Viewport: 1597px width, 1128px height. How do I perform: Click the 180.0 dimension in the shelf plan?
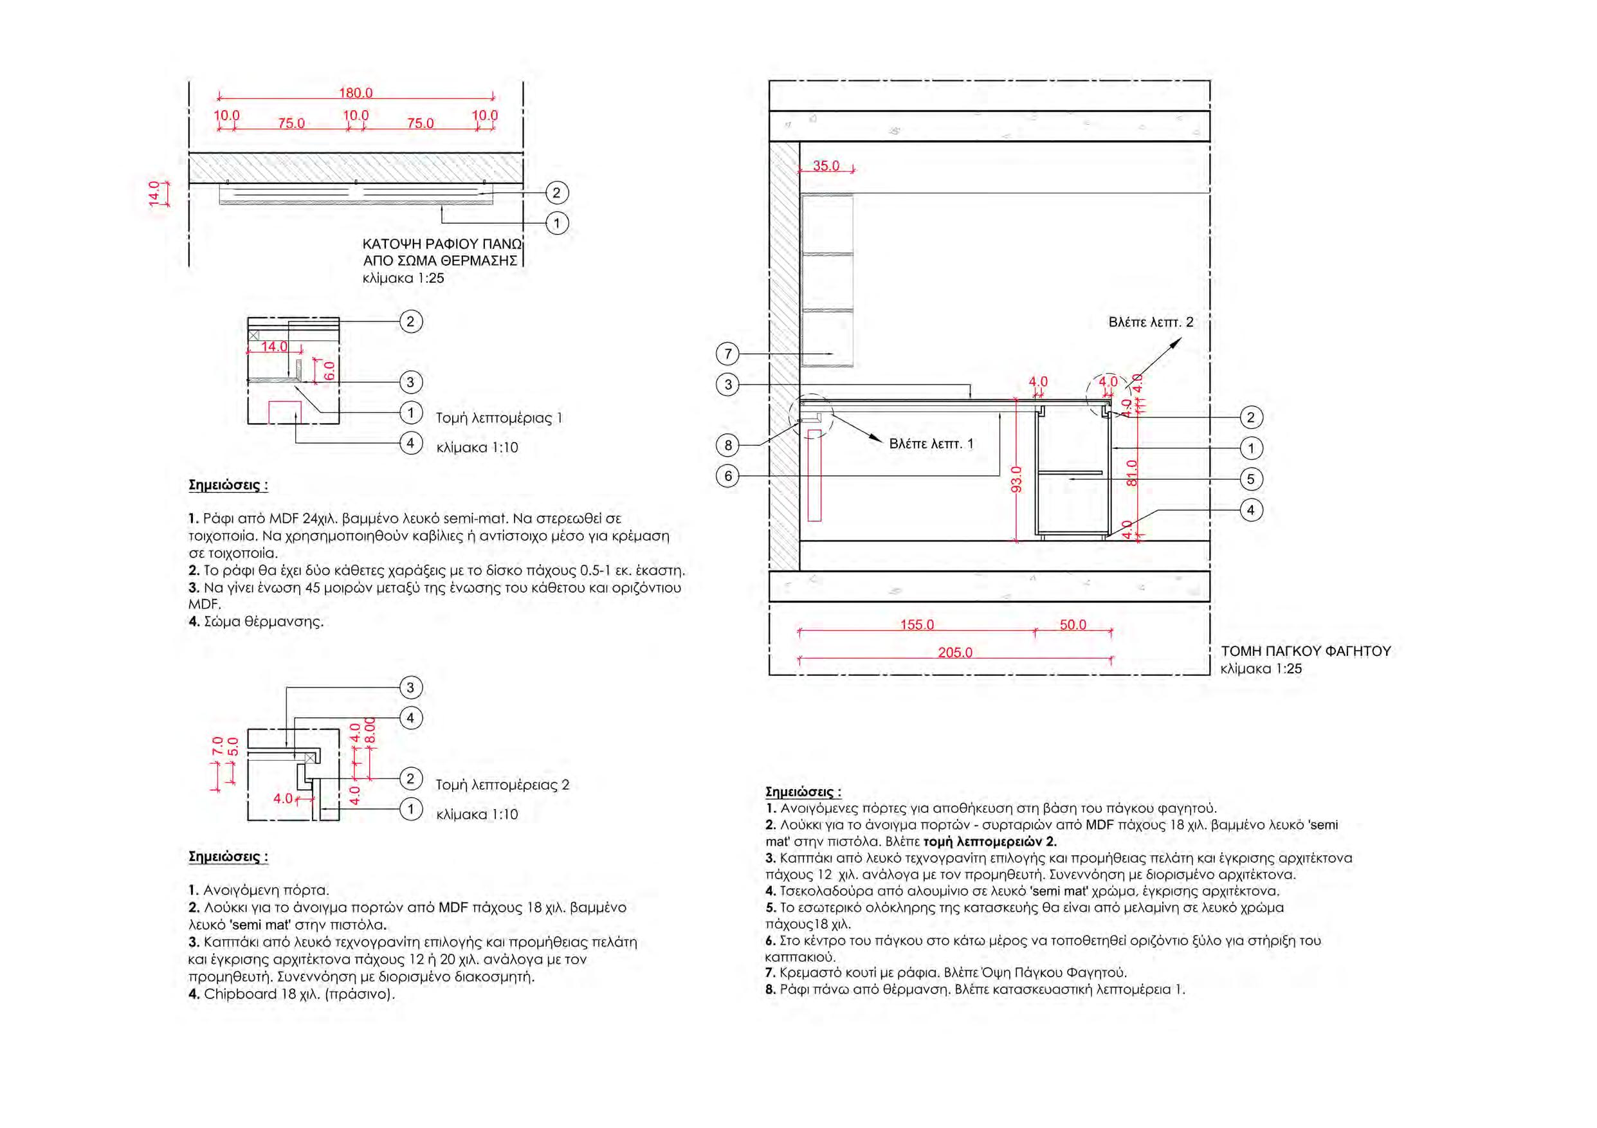point(356,93)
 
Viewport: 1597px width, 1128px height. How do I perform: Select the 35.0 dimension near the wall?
point(826,166)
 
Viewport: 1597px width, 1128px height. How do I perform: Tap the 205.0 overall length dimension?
point(954,653)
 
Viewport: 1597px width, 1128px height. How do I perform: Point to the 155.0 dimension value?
point(917,625)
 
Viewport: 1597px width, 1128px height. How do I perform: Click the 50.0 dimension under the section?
point(1073,625)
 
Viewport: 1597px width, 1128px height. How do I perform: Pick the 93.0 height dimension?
point(1016,479)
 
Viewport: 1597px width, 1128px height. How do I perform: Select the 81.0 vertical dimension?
point(1132,473)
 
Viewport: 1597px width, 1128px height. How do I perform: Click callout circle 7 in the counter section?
point(727,354)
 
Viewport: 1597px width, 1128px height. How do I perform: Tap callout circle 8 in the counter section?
point(727,445)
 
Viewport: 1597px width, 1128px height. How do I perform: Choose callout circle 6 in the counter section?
point(727,477)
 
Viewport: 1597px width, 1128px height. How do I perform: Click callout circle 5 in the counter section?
point(1250,479)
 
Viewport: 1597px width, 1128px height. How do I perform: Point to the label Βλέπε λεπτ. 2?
point(1151,323)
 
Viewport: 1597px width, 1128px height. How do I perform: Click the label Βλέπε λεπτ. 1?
point(931,444)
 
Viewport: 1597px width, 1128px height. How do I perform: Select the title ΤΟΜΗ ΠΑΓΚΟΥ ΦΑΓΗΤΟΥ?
point(1306,651)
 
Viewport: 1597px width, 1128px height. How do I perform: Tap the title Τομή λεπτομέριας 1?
point(498,418)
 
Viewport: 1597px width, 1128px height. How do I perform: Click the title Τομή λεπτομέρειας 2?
point(502,785)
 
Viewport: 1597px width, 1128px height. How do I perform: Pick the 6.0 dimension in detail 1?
point(329,370)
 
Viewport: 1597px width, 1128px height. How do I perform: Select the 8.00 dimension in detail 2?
point(370,730)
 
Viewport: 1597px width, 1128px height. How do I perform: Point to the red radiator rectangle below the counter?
point(814,476)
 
